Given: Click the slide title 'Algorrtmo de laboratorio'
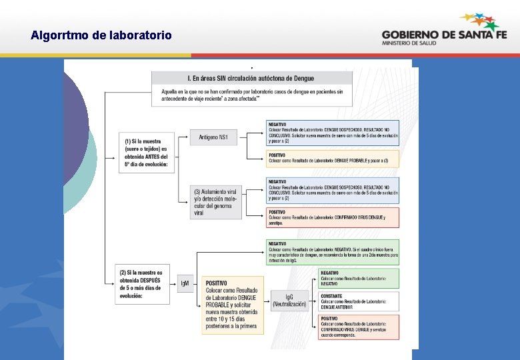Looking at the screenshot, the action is (x=101, y=35).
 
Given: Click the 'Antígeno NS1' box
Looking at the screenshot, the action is (x=213, y=137).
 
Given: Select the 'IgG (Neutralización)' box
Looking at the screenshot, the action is (x=289, y=299).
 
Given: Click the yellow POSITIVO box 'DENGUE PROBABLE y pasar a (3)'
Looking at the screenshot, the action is (x=332, y=159).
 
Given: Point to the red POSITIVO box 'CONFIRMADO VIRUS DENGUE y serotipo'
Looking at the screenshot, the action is (x=332, y=217).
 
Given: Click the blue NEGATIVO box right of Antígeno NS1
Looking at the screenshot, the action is (x=332, y=133).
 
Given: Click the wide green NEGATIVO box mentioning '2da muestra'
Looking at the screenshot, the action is (x=332, y=251).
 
